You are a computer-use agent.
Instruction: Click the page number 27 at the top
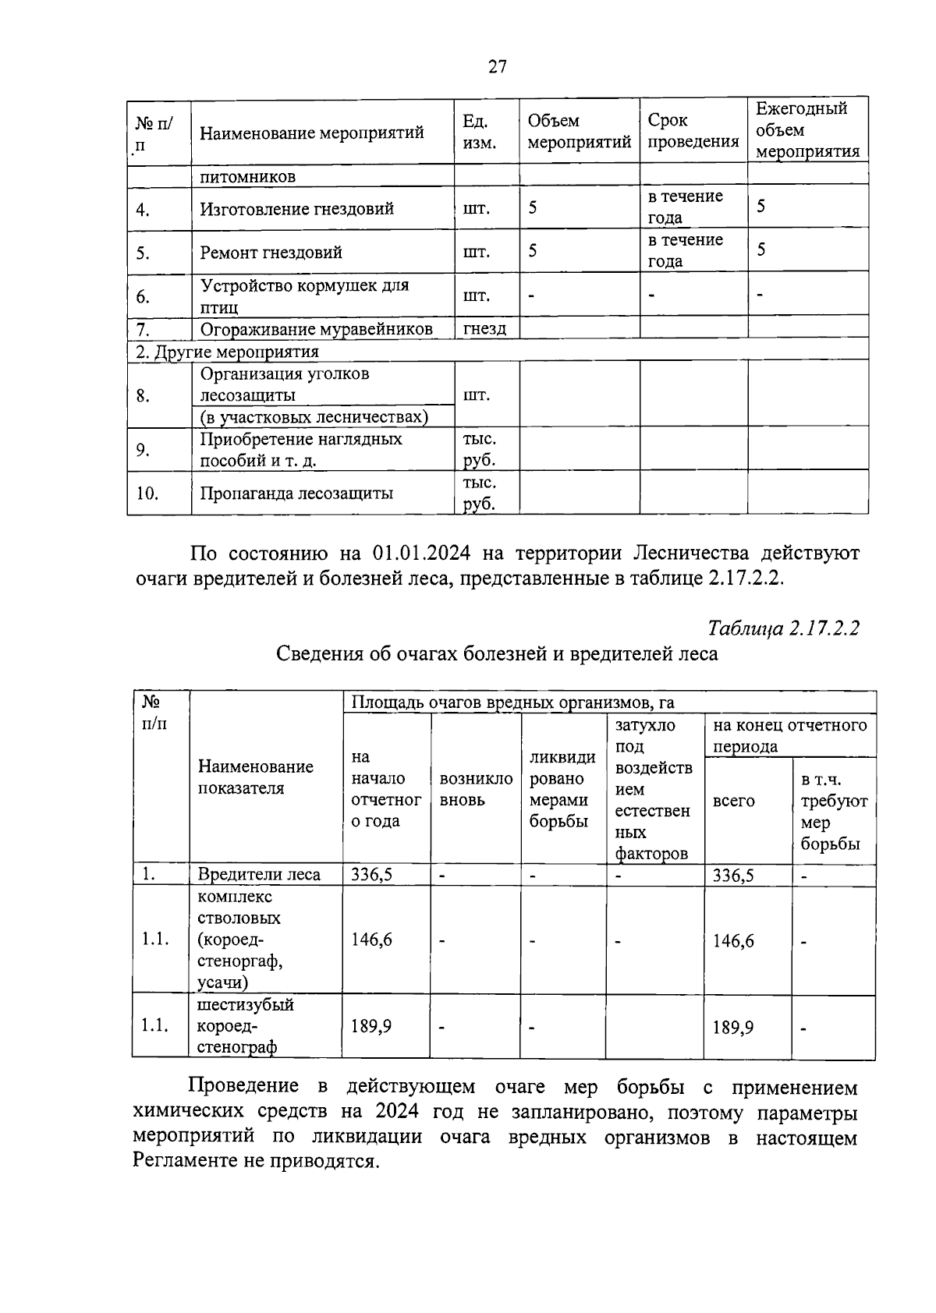point(498,67)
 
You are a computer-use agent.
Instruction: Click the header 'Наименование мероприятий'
point(311,133)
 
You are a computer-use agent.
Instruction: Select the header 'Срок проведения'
point(693,131)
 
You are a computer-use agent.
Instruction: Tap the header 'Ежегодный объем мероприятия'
point(807,130)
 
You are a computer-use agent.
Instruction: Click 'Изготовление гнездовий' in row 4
point(296,209)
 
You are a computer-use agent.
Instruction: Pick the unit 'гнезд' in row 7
point(484,328)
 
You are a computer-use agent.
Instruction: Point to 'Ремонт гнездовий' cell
point(271,253)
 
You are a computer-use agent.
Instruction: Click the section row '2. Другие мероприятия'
point(227,352)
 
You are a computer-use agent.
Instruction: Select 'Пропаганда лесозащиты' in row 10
point(296,493)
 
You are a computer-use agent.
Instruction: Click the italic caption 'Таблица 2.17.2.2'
point(783,628)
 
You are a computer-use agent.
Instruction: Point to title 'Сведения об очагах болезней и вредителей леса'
point(497,653)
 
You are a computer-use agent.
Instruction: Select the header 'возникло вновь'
point(476,789)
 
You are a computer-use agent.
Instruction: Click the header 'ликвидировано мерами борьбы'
point(562,789)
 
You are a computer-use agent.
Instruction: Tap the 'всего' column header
point(733,801)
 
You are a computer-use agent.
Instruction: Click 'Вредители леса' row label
point(259,874)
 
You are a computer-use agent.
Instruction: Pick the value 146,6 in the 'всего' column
point(733,941)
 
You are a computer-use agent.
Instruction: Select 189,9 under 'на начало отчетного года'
point(371,1027)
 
